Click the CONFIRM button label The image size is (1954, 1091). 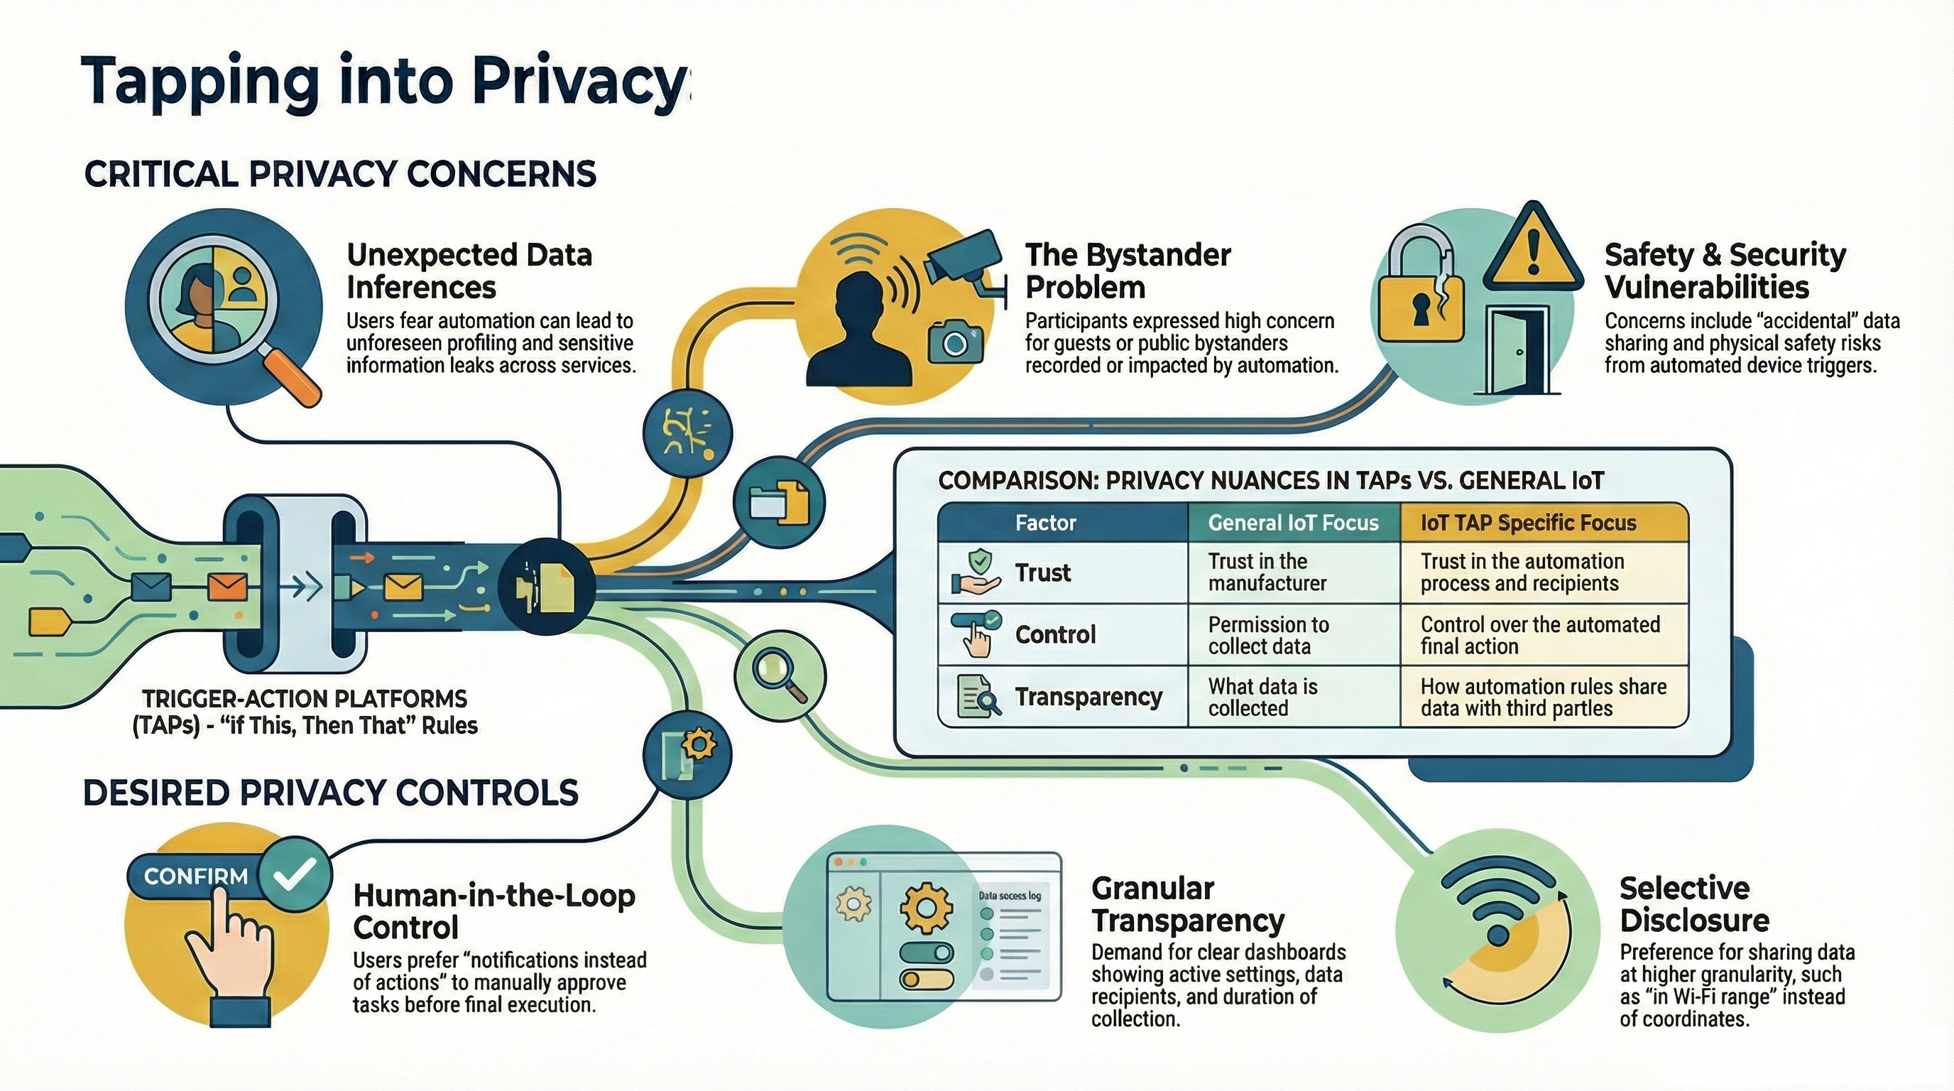click(196, 876)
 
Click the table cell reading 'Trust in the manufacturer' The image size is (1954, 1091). click(1267, 572)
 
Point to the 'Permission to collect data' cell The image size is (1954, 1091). click(1268, 635)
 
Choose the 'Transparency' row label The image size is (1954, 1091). click(1088, 697)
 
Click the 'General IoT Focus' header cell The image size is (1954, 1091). click(1292, 523)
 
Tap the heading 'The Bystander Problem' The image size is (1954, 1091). click(1128, 271)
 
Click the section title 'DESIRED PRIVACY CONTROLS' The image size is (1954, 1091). click(331, 793)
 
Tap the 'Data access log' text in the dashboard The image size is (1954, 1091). click(1009, 895)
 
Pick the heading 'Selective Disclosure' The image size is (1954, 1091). click(1695, 903)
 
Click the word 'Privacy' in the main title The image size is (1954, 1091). click(578, 82)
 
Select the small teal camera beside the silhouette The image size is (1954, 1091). click(955, 342)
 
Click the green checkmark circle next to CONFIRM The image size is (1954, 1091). click(295, 875)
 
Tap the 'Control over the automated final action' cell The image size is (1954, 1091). click(1540, 635)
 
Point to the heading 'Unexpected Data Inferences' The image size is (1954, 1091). click(469, 271)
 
